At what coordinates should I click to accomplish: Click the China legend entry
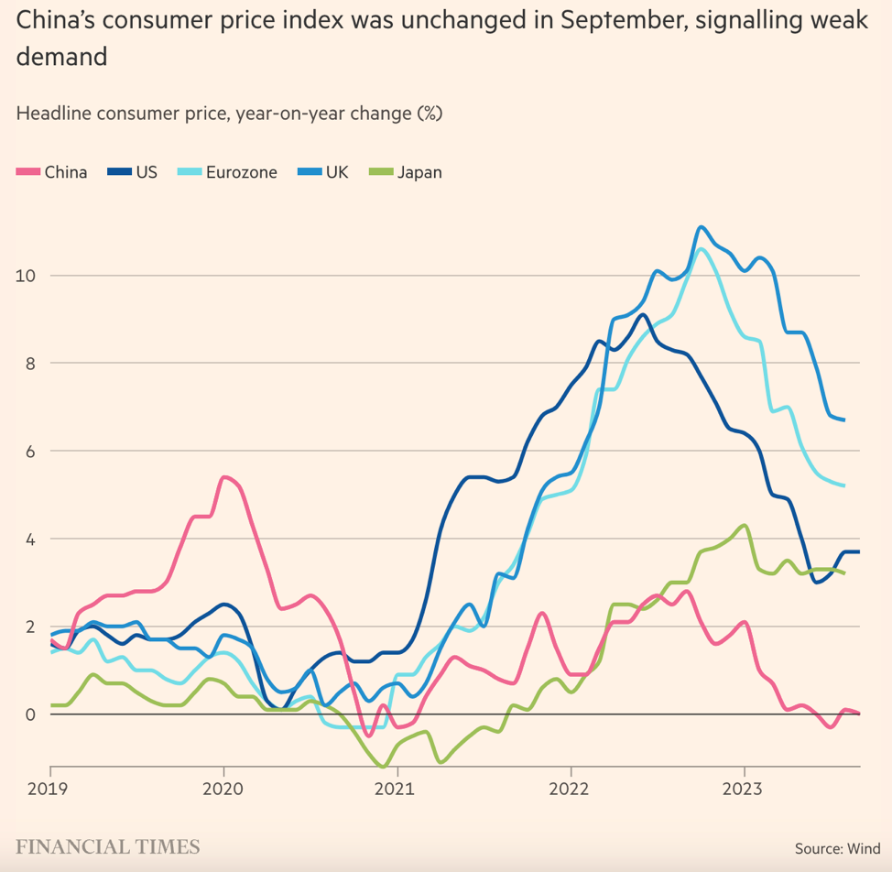(x=53, y=171)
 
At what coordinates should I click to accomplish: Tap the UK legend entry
(x=324, y=171)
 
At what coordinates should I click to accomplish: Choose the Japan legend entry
(x=406, y=171)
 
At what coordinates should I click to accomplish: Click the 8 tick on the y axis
(x=30, y=363)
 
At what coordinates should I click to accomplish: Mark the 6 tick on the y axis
(x=30, y=451)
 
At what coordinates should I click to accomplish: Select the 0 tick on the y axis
(x=30, y=714)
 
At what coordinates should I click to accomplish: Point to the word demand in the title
(x=61, y=58)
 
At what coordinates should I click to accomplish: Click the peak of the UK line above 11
(x=702, y=226)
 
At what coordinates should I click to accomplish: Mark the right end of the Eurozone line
(x=843, y=485)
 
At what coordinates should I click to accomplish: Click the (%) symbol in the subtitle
(x=430, y=114)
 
